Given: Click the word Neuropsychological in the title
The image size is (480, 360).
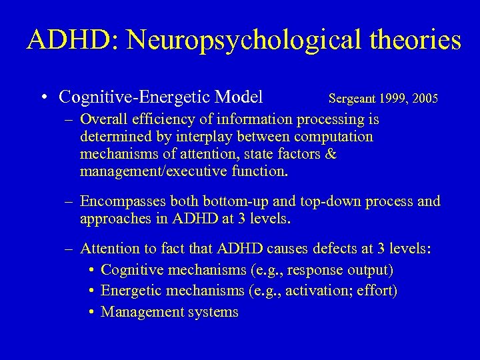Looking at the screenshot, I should tap(233, 40).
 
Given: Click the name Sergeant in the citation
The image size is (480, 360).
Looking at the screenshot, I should tap(351, 99).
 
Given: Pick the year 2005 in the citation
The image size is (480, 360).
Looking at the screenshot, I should tap(425, 99).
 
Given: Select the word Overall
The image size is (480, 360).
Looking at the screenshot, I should tap(103, 120).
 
